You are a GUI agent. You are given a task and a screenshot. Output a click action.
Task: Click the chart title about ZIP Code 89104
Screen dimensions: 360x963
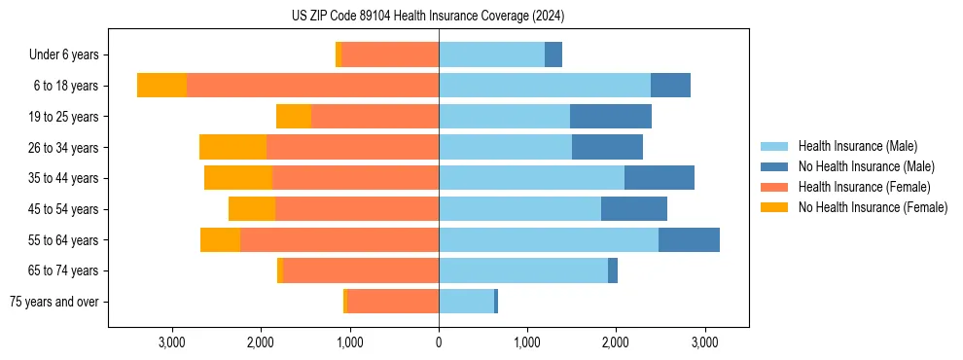point(428,17)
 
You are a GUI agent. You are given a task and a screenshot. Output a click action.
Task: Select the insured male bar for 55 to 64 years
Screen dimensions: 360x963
point(549,239)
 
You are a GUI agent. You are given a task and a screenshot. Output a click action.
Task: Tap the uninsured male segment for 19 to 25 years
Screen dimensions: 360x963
point(611,117)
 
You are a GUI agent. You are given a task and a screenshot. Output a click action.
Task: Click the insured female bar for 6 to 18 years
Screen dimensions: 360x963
point(312,86)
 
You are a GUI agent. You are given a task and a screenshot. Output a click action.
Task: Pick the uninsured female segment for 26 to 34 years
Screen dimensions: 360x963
point(232,147)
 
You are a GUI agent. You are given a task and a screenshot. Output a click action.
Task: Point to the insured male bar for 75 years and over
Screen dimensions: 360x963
point(466,302)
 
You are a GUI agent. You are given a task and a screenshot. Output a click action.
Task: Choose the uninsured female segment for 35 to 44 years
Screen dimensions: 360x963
point(238,178)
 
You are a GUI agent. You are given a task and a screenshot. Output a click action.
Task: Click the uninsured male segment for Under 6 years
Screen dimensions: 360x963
point(553,54)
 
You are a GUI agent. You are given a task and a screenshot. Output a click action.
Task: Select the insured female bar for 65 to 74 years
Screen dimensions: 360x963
point(361,270)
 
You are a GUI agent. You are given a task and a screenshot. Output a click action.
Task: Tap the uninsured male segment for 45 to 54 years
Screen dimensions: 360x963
point(634,209)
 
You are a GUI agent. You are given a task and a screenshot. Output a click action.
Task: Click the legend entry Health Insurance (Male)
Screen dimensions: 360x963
point(857,146)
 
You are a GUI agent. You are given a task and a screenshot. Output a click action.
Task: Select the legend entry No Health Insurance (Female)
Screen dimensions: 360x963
point(873,207)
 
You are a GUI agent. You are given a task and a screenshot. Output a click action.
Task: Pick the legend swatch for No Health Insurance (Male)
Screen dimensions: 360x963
point(774,166)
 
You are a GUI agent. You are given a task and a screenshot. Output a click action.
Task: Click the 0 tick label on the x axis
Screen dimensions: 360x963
point(439,342)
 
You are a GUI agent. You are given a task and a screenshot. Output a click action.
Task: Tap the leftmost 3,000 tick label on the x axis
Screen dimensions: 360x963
point(171,342)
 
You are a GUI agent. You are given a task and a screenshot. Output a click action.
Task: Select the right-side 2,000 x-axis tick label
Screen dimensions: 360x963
point(616,342)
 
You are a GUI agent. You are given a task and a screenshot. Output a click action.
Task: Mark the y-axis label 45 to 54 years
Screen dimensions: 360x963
point(63,209)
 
